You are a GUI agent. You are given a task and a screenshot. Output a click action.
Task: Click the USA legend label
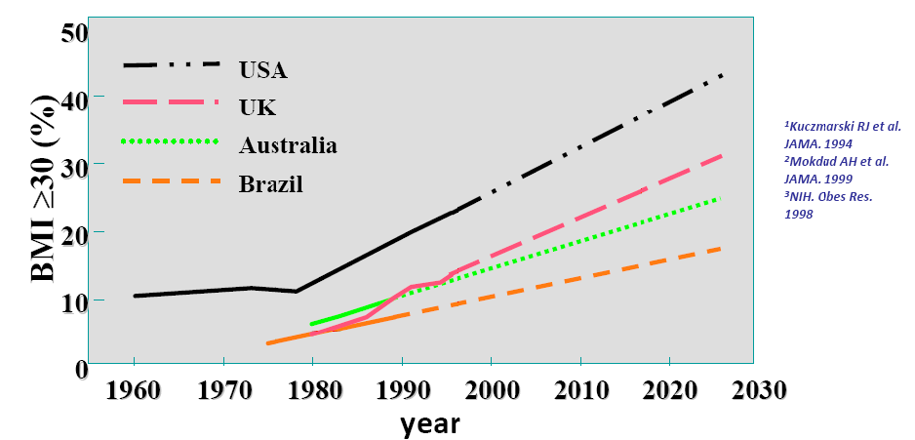262,69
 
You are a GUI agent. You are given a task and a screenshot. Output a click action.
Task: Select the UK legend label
257,106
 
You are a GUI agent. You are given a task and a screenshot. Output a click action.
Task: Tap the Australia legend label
288,145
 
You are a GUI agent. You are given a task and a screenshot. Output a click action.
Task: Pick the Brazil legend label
270,182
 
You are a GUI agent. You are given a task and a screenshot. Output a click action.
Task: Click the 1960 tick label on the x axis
134,391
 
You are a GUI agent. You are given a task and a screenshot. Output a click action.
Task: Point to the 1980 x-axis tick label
312,391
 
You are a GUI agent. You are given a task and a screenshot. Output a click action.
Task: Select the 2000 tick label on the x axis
491,391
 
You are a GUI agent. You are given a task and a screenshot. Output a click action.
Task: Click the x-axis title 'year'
429,424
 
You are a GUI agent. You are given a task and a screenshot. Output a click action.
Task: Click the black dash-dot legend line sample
172,65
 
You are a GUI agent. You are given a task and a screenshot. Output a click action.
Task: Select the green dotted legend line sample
170,141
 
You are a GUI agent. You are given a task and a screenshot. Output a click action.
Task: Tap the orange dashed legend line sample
172,180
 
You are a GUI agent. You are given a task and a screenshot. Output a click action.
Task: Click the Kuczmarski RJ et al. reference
830,134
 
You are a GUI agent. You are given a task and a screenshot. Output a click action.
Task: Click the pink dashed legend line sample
172,103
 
